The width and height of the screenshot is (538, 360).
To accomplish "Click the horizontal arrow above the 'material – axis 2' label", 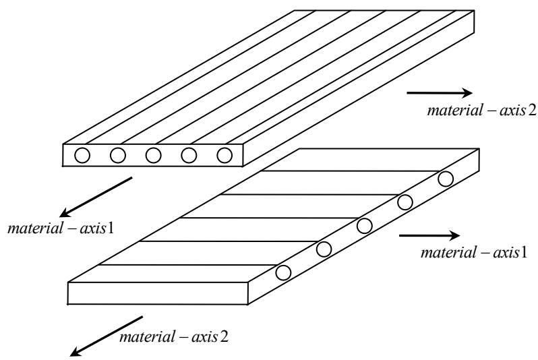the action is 440,92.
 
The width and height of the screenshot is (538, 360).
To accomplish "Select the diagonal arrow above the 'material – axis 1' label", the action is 96,198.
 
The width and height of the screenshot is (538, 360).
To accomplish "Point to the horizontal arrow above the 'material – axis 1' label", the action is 429,235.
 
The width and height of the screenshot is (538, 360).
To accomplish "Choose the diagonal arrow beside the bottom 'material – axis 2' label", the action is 107,336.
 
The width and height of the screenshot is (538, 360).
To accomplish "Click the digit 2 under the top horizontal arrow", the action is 531,111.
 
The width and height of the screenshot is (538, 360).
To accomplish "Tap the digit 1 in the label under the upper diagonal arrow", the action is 110,229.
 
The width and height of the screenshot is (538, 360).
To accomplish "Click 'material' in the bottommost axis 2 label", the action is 147,336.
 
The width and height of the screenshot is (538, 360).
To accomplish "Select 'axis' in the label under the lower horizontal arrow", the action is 506,253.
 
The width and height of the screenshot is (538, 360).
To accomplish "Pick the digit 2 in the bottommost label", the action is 224,336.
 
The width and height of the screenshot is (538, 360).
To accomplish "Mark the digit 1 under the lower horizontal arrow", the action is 523,253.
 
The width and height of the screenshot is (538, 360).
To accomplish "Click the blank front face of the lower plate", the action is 158,293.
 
